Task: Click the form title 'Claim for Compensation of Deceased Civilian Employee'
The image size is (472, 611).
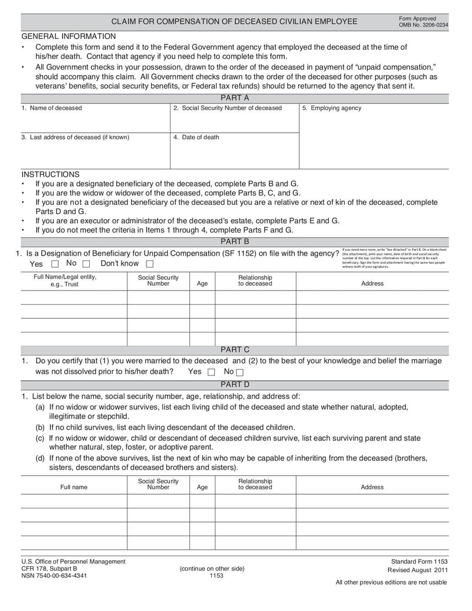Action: coord(234,21)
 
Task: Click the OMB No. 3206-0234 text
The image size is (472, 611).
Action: coord(423,25)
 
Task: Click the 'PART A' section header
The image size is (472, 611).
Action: coord(234,97)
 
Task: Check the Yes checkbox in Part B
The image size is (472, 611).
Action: coord(55,264)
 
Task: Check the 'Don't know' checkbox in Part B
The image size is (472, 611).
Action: coord(150,264)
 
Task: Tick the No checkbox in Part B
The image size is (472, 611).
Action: coord(86,264)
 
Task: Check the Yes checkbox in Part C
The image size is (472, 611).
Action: coord(211,372)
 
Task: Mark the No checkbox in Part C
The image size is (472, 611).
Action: coord(240,372)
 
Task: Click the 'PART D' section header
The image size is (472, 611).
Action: coord(234,384)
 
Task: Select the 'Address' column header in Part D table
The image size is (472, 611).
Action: coord(372,487)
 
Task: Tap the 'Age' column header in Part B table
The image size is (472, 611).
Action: coord(202,283)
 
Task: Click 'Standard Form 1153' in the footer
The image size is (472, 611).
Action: coord(419,561)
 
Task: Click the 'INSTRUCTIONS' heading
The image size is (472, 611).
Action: coord(50,174)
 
